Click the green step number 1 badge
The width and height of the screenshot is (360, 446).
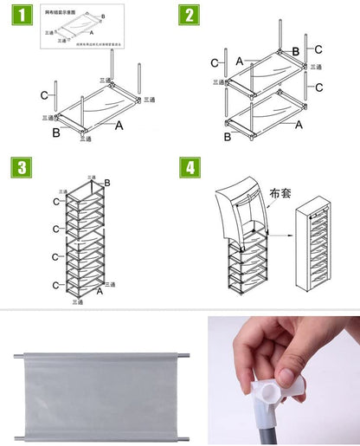click(25, 16)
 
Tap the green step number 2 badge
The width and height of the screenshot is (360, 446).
click(190, 16)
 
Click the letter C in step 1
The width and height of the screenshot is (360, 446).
click(43, 94)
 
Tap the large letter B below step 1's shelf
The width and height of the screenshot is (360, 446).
click(56, 133)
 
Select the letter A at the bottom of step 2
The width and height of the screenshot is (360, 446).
click(299, 125)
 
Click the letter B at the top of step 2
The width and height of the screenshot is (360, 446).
click(295, 52)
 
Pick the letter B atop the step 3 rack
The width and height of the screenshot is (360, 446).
click(106, 182)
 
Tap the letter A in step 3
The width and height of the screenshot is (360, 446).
click(100, 292)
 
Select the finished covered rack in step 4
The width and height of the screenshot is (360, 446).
click(315, 251)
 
